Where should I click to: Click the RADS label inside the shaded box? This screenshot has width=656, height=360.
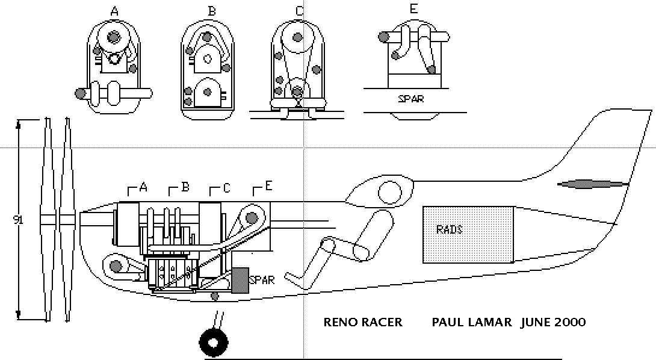(450, 229)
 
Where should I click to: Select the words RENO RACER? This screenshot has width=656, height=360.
(363, 322)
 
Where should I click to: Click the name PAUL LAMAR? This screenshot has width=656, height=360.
(471, 322)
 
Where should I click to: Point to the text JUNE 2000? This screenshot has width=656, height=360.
(553, 322)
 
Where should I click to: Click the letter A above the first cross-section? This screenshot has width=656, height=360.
(114, 12)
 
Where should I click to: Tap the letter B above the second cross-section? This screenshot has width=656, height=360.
(212, 11)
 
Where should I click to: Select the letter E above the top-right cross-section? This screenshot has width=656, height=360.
(413, 9)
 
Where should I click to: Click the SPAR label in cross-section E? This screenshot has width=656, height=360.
(410, 99)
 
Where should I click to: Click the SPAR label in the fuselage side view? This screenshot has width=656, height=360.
(262, 279)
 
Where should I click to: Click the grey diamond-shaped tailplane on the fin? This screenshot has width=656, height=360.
(593, 184)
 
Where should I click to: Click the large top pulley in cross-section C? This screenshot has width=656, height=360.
(297, 37)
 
